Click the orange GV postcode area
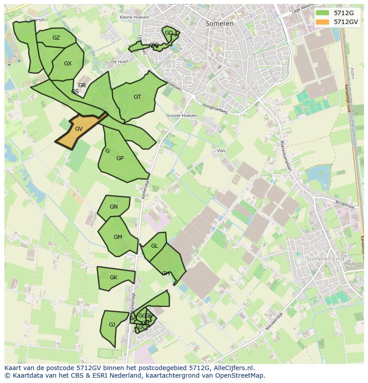pos(79,129)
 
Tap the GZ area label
pos(56,38)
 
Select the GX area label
pos(68,64)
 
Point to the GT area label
pos(137,97)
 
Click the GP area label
pos(120,158)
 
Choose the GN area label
pos(114,207)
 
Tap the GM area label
pos(118,237)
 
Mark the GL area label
pos(155,246)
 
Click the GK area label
pos(113,278)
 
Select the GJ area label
pos(112,325)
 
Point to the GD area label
pos(169,33)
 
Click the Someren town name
pos(220,24)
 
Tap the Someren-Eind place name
pos(326,258)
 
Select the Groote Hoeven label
pos(182,116)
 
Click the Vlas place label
pos(221,151)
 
